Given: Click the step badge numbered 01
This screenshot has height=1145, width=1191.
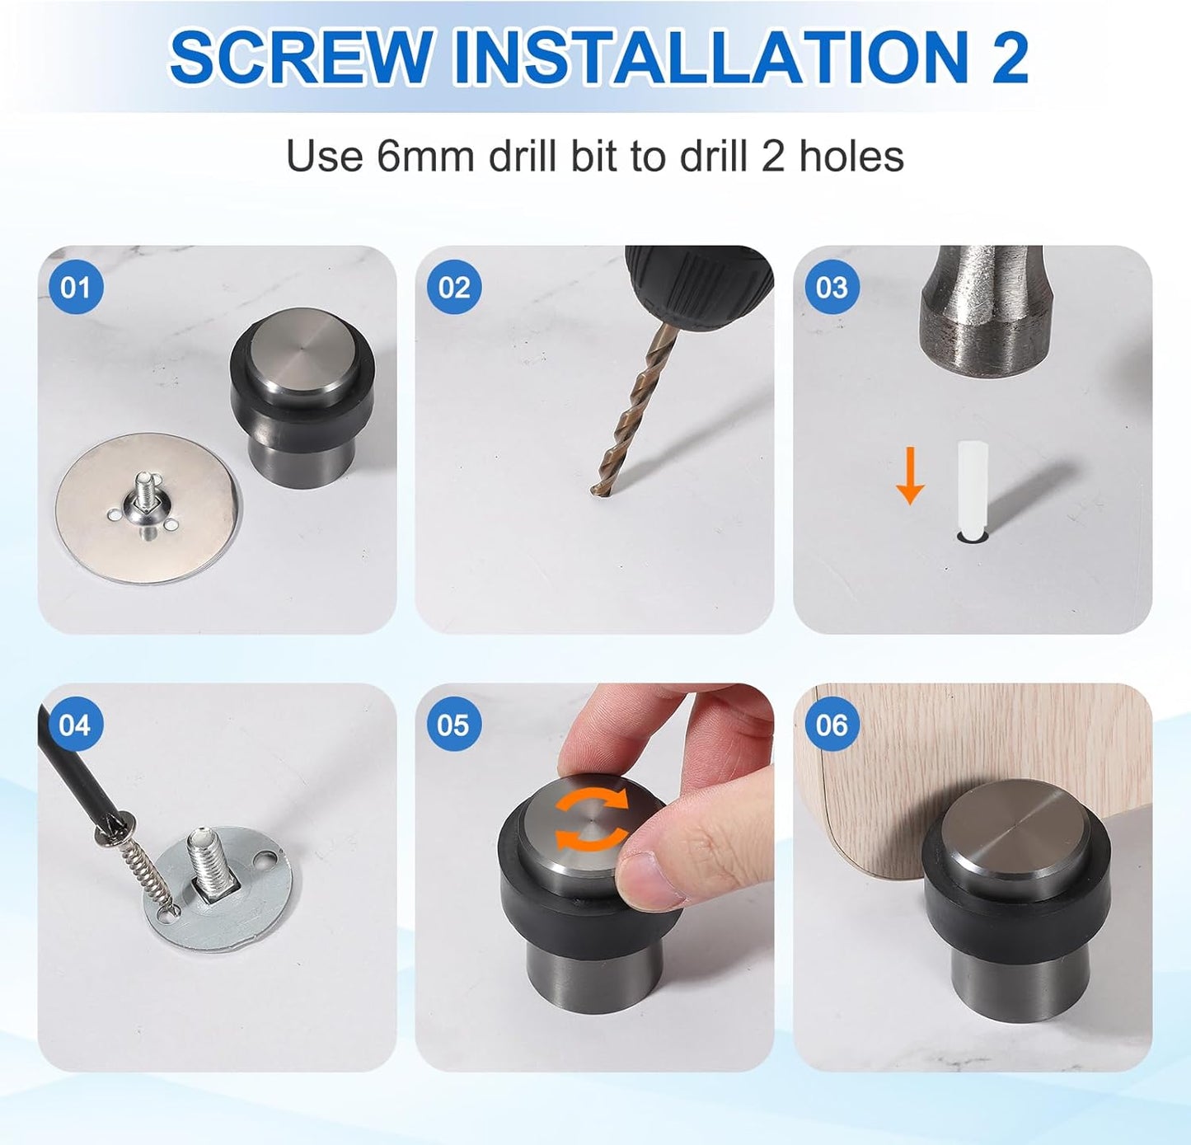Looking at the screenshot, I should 75,288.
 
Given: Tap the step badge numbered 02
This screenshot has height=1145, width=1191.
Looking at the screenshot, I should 453,288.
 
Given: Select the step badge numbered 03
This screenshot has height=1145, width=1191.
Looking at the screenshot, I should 832,288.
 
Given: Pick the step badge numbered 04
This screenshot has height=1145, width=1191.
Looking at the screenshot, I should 75,725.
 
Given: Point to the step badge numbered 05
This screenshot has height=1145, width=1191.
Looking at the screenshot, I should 453,725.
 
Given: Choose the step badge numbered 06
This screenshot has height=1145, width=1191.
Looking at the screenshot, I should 832,725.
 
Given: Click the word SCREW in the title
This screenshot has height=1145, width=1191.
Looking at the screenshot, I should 301,58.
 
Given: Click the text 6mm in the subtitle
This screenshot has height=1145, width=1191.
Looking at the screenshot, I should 425,156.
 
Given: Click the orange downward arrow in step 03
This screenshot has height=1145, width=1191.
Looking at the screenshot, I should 910,476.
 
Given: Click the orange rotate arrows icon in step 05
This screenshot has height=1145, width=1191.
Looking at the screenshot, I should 590,819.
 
